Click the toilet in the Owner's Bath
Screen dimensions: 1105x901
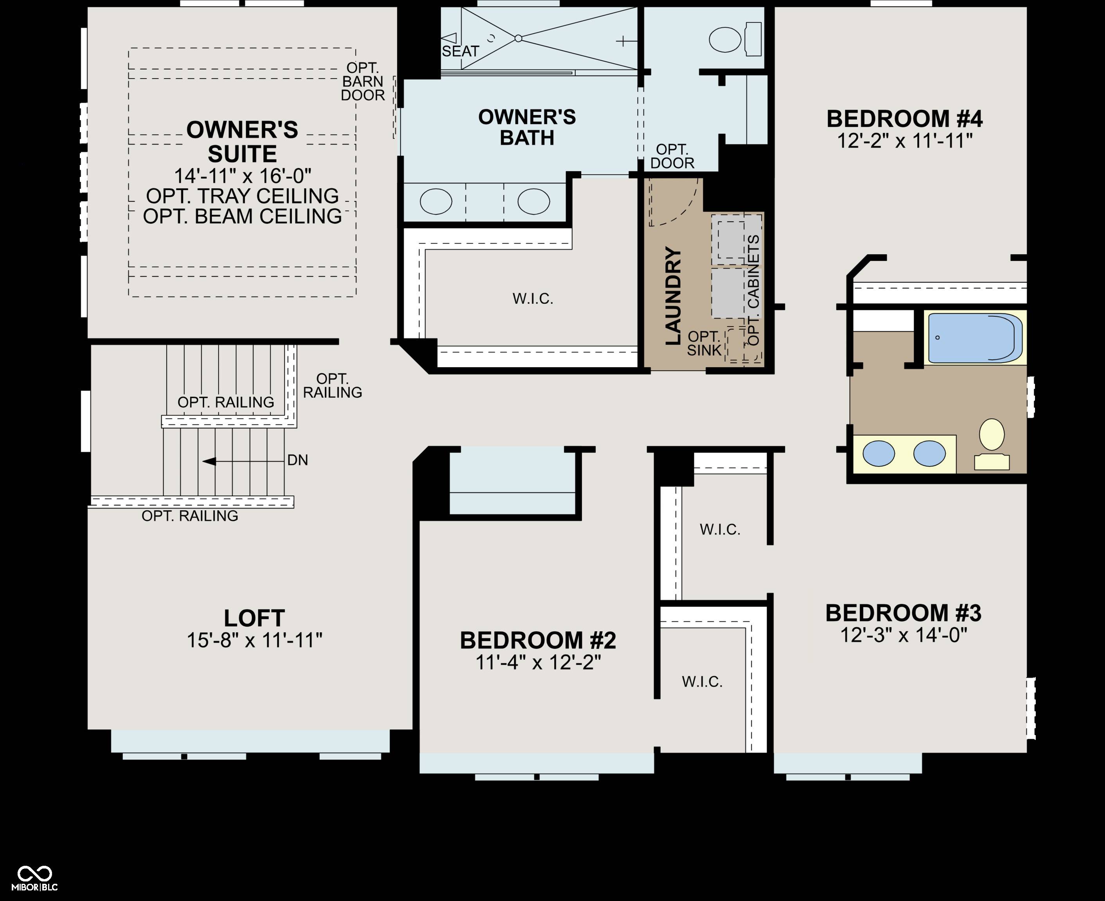735,39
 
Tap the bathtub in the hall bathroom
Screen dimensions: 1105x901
975,338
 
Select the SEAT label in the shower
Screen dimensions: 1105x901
460,51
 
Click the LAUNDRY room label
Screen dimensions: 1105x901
673,296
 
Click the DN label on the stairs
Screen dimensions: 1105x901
297,460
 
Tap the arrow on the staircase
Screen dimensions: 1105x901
243,461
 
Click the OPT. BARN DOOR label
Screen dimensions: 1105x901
363,81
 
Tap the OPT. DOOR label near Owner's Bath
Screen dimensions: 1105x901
672,156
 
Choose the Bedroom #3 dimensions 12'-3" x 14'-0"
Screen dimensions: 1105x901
904,635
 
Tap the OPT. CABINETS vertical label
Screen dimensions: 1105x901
754,290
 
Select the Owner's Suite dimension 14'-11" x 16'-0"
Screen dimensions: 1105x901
243,176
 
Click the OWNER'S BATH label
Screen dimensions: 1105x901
527,127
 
